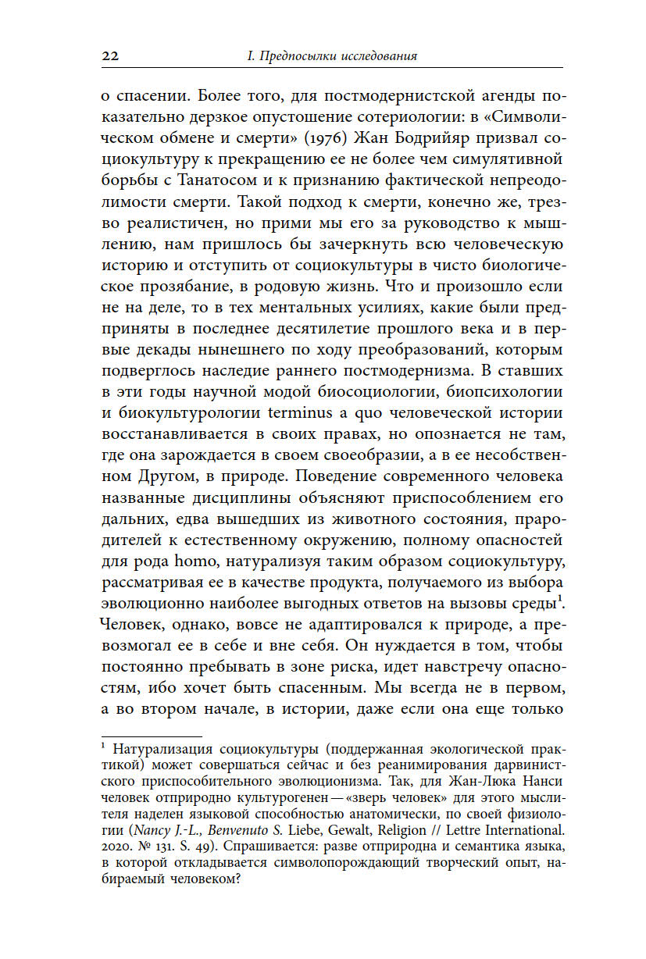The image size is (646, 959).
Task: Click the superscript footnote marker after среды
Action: click(x=562, y=599)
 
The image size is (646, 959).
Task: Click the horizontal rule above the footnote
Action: click(x=152, y=736)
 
